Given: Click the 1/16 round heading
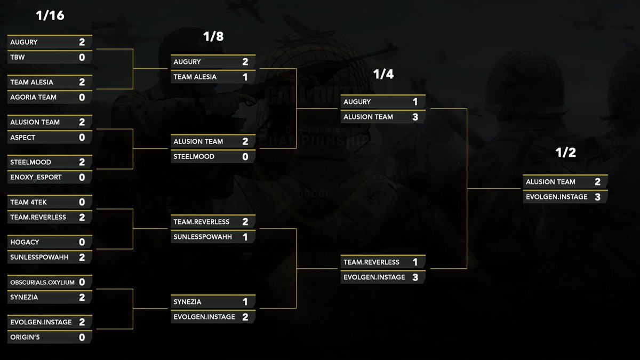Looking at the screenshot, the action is pos(50,16).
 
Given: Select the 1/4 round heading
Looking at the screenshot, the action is pos(383,75).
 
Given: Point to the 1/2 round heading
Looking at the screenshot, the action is pos(565,153).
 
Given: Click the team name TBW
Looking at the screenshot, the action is pos(18,57).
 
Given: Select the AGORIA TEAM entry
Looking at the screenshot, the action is pos(33,97).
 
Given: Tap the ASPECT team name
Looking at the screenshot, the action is pos(23,137).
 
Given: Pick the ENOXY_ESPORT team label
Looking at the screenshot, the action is pos(36,177).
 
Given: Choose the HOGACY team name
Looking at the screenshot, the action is pos(25,242).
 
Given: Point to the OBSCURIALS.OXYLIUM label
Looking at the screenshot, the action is pos(43,282).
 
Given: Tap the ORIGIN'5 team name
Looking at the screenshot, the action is pos(26,337).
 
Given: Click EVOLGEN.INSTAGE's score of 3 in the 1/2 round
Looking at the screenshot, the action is pos(597,197).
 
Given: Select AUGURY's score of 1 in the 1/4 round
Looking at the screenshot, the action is pos(415,102).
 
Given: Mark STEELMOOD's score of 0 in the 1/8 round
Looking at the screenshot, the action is pos(245,157).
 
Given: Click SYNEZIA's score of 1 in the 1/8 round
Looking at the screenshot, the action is pos(245,302).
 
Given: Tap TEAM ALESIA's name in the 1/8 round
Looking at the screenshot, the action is pos(195,77).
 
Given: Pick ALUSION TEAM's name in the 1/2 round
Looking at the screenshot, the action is pos(550,182).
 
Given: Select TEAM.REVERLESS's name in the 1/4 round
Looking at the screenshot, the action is pos(371,262).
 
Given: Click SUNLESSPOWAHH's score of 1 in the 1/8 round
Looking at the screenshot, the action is pos(245,237).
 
